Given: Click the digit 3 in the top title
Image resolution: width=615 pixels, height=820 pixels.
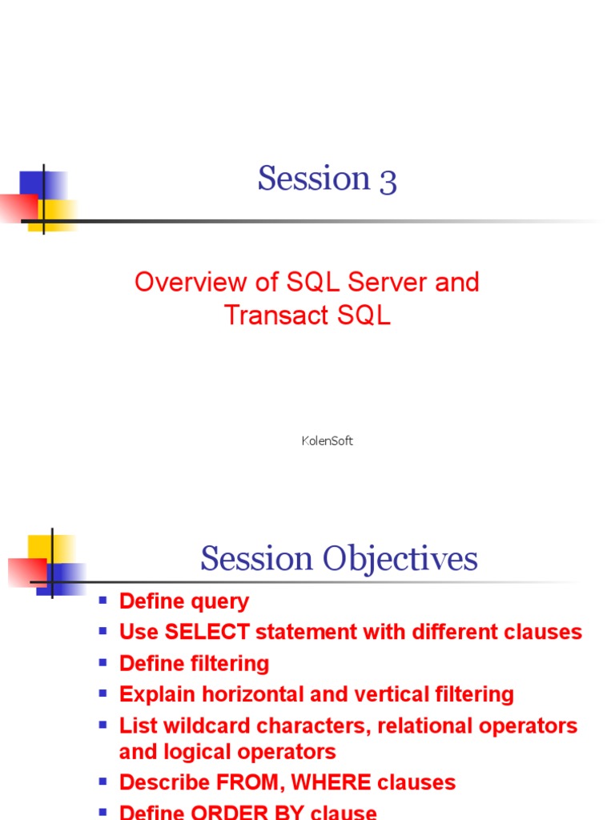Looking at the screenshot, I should pos(388,180).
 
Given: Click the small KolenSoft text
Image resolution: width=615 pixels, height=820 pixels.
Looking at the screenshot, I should pos(327,441).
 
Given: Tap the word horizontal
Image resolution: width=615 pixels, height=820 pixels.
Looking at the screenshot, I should pos(251,694).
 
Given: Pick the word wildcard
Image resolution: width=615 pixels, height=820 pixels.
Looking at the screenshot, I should pos(193,726).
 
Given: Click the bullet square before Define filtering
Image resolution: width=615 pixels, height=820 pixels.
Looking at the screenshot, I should pos(102,662).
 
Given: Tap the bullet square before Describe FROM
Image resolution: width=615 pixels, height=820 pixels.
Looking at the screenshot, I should pos(102,781).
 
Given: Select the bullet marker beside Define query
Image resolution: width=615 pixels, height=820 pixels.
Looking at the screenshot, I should pos(102,600).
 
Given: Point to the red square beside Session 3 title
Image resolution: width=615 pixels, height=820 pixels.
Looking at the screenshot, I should pos(16,207).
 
